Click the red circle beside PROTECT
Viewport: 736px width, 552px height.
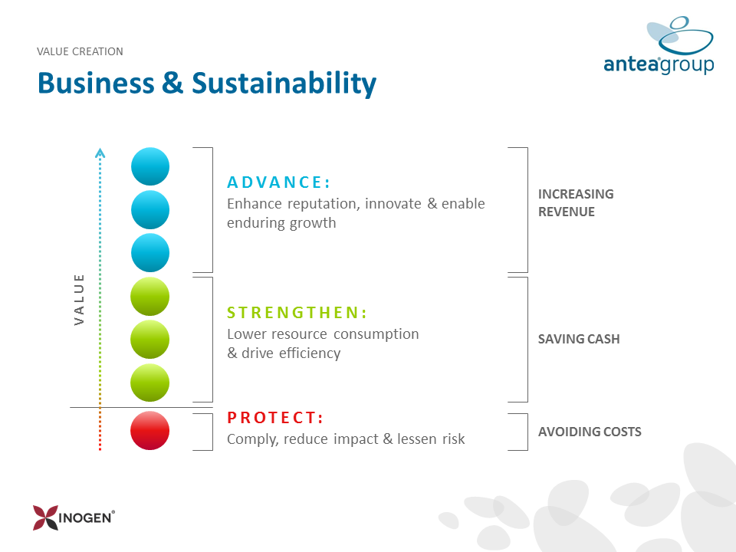click(x=149, y=430)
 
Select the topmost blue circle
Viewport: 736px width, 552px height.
click(x=150, y=166)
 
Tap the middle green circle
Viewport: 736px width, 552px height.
click(x=149, y=340)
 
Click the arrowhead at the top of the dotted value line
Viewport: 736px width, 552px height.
click(x=100, y=153)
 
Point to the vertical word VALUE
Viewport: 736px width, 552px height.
click(x=79, y=300)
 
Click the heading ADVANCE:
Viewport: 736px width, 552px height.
click(x=279, y=182)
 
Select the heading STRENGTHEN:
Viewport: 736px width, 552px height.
click(x=297, y=312)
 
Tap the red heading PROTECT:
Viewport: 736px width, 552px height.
click(x=275, y=417)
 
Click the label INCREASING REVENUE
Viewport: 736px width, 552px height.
click(x=576, y=202)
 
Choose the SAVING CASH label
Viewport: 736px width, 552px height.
click(x=579, y=339)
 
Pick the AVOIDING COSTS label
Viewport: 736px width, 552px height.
click(x=590, y=432)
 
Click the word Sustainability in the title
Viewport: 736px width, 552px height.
click(x=284, y=84)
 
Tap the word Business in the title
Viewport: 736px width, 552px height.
click(x=97, y=83)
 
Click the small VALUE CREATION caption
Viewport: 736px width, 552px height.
click(x=80, y=51)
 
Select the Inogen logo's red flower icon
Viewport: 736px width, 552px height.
click(x=45, y=517)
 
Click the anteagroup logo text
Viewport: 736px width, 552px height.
click(x=659, y=64)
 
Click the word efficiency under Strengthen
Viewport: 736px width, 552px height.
click(x=310, y=353)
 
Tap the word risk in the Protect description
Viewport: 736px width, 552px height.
click(x=453, y=439)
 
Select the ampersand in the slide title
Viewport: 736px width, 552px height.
click(x=172, y=83)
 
